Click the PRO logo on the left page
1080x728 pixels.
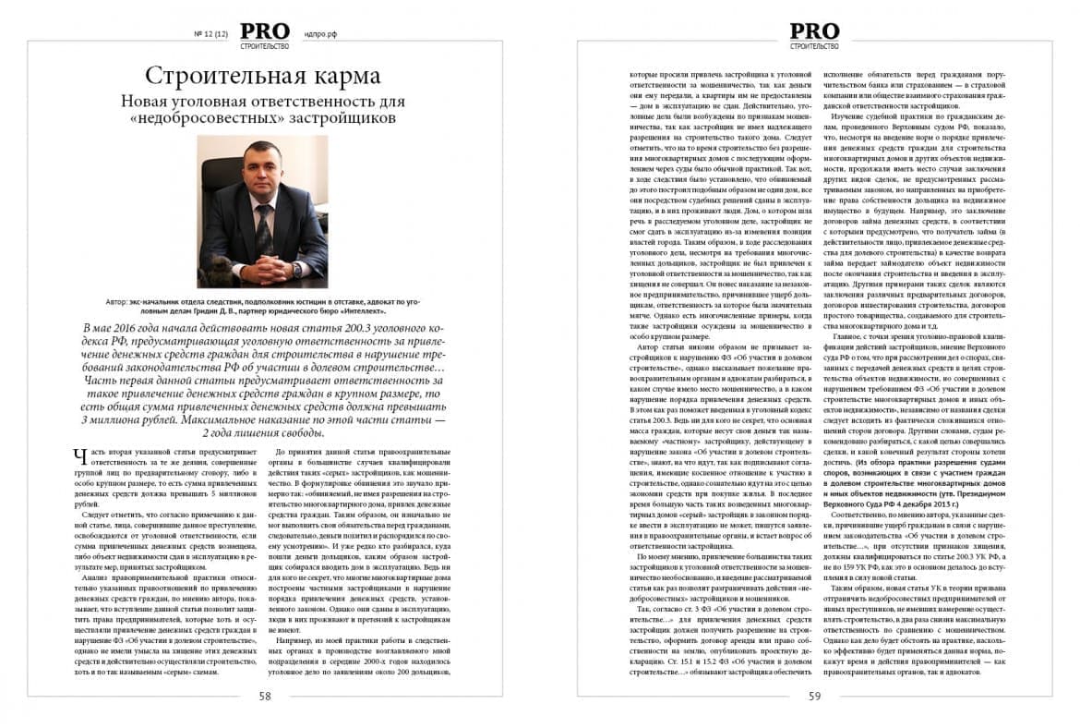click(264, 30)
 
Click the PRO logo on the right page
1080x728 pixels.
click(814, 30)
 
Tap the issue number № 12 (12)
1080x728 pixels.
click(210, 34)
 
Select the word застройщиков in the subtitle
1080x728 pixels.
click(342, 118)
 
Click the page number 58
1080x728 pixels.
click(264, 697)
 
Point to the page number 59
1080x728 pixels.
click(814, 697)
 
